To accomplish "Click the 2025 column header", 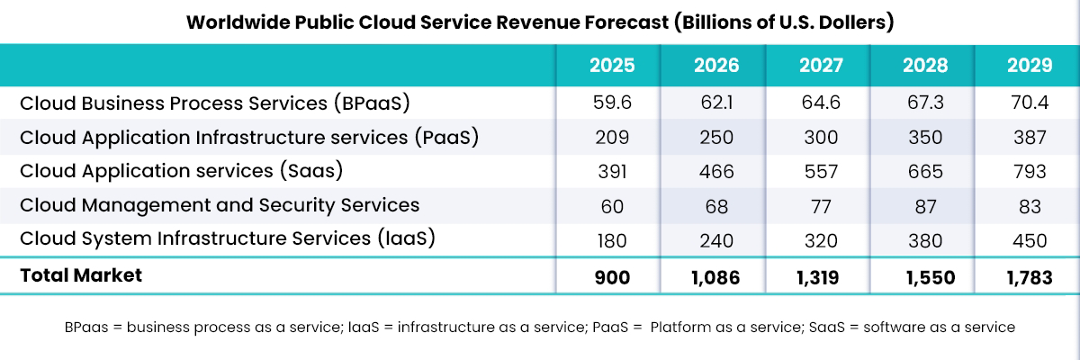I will pyautogui.click(x=612, y=66).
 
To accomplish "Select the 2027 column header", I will pyautogui.click(x=821, y=66).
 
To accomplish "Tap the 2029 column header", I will pyautogui.click(x=1030, y=66).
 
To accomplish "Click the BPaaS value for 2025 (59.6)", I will pyautogui.click(x=612, y=103).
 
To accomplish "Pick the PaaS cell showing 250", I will pyautogui.click(x=716, y=138).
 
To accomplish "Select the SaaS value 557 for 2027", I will pyautogui.click(x=821, y=172).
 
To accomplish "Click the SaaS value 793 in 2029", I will pyautogui.click(x=1030, y=172).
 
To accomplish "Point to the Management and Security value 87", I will pyautogui.click(x=925, y=206).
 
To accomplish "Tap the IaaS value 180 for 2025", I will pyautogui.click(x=612, y=240).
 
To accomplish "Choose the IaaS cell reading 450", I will pyautogui.click(x=1030, y=240).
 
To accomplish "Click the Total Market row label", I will pyautogui.click(x=81, y=276).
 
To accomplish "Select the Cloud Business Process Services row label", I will pyautogui.click(x=214, y=103).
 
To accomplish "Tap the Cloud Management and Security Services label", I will pyautogui.click(x=220, y=205).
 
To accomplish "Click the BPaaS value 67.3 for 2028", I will pyautogui.click(x=925, y=103).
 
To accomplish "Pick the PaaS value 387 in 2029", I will pyautogui.click(x=1030, y=138).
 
